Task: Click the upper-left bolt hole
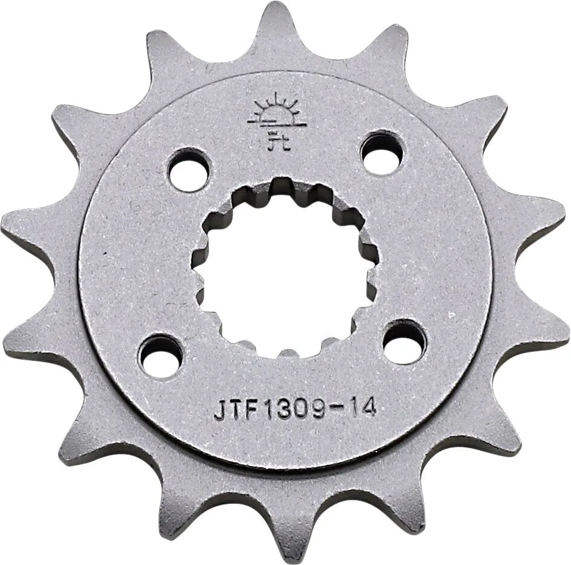(188, 171)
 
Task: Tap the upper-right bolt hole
(382, 153)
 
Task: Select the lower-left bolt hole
(160, 354)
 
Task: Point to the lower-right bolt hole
(404, 343)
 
